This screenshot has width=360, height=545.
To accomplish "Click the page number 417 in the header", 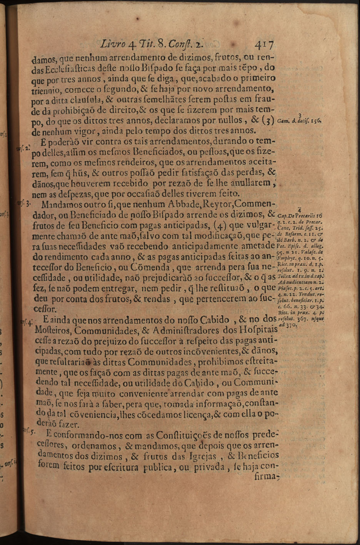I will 263,45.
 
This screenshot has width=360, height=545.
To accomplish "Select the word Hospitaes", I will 255,330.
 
